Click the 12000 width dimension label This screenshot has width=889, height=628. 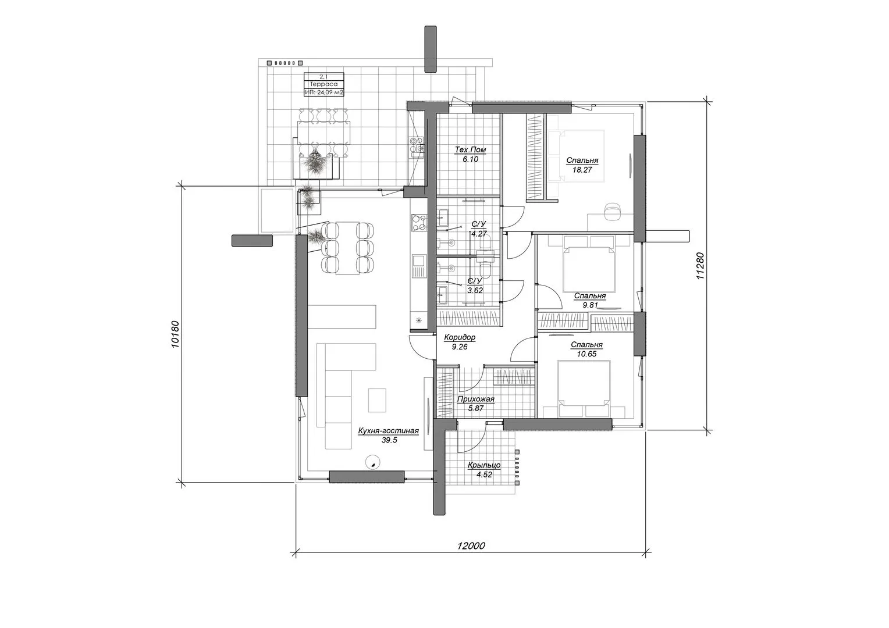pos(471,546)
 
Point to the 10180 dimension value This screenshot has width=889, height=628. pos(176,334)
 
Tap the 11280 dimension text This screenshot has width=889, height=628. pos(700,266)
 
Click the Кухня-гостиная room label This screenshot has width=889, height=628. pos(389,431)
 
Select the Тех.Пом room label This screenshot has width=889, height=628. pos(470,150)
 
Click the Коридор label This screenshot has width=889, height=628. pos(460,338)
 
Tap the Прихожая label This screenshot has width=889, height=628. pos(475,399)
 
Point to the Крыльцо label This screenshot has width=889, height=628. pos(484,465)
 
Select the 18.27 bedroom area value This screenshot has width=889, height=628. pos(582,170)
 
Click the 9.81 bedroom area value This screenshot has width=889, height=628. pos(590,305)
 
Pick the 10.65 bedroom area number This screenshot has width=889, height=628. pos(586,354)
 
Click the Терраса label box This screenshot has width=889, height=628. pos(324,84)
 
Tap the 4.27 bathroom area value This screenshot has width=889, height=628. pos(479,234)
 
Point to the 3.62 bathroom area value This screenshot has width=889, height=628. pos(475,290)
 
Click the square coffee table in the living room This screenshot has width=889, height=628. pos(377,400)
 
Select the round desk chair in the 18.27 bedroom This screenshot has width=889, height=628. pos(613,210)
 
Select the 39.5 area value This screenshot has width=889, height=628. pos(389,440)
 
